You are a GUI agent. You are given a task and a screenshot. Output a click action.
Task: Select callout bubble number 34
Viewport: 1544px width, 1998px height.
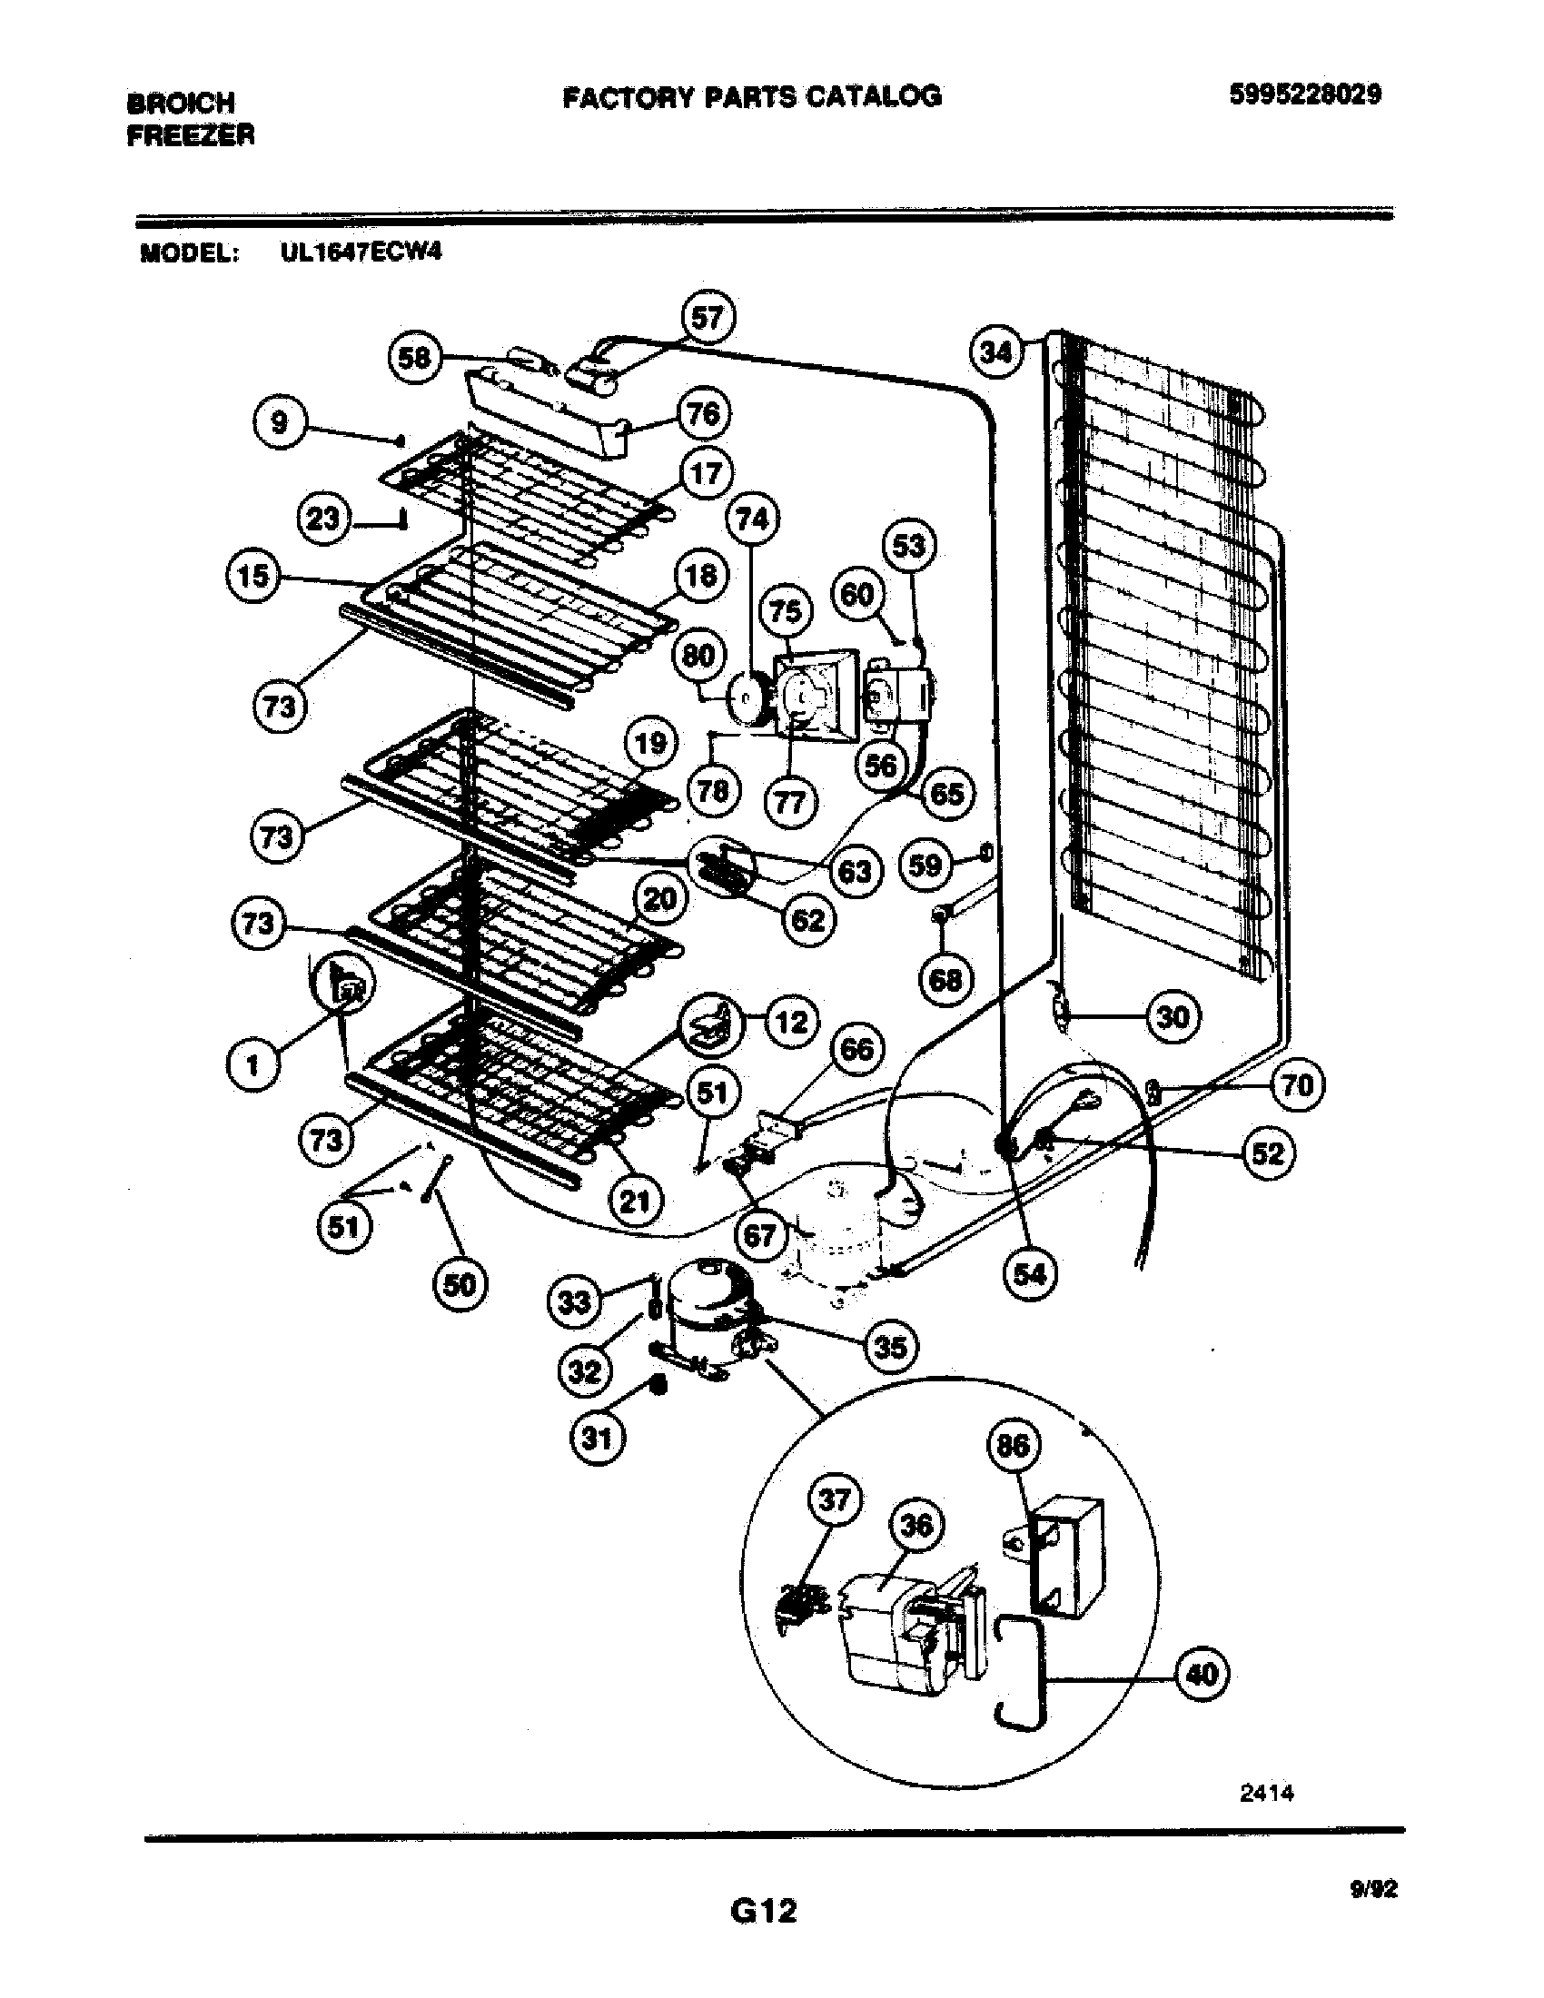pos(995,351)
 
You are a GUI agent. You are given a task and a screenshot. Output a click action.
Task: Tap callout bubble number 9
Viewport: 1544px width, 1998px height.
pos(279,422)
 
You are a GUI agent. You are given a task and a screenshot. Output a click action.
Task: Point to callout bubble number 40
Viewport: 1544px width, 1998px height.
pos(1202,1674)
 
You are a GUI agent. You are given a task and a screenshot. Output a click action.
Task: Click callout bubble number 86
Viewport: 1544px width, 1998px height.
pos(1013,1446)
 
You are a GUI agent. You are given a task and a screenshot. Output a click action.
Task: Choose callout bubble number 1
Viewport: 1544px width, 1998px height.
pos(252,1065)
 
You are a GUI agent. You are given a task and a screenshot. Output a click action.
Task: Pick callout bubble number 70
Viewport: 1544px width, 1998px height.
pos(1297,1085)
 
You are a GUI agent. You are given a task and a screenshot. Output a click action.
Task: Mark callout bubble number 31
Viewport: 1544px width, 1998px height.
pos(597,1439)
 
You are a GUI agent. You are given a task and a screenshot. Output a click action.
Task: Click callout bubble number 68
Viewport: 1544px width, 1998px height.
pos(945,980)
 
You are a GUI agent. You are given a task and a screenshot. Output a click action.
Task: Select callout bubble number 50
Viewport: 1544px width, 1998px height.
pos(460,1285)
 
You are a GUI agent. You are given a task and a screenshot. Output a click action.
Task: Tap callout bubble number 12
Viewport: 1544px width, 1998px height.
pos(790,1022)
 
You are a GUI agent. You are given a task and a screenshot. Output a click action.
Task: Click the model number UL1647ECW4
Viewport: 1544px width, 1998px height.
pos(361,252)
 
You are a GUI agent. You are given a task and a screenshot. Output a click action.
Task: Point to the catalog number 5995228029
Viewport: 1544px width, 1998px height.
pos(1305,94)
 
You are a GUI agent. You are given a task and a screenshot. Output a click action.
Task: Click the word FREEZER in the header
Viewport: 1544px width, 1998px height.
pos(190,136)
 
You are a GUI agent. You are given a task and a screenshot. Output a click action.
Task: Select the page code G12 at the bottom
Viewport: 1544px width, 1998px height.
pos(764,1911)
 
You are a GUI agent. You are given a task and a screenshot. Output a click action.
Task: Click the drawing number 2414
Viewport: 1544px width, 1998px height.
pos(1266,1793)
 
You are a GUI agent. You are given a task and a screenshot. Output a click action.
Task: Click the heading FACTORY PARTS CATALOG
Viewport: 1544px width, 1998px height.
pos(752,96)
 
